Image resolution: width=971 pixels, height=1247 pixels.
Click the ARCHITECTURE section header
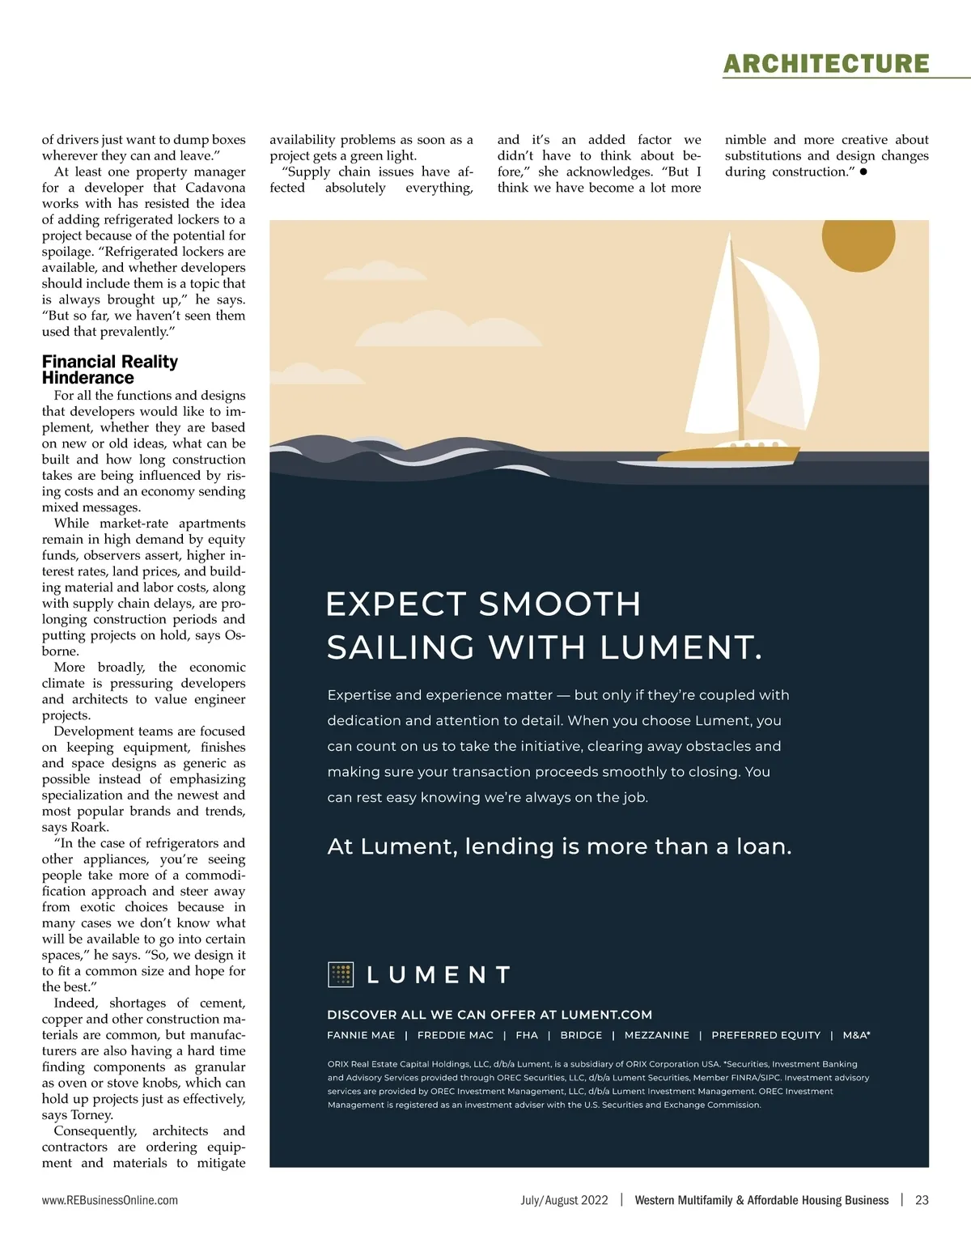[x=826, y=63]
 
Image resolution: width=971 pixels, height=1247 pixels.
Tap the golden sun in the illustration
[x=858, y=235]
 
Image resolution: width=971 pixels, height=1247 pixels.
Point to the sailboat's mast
[x=736, y=340]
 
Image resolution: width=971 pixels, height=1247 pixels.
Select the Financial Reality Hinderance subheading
[x=110, y=370]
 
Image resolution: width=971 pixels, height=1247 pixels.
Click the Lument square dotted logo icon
[x=341, y=974]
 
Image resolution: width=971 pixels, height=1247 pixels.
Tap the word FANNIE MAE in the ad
[x=361, y=1035]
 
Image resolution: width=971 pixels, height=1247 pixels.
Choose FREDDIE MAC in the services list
[x=455, y=1035]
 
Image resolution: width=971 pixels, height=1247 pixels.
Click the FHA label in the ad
[x=527, y=1035]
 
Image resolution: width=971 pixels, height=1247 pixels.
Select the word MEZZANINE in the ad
[x=657, y=1035]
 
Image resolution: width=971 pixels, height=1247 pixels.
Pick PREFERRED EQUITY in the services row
[x=765, y=1035]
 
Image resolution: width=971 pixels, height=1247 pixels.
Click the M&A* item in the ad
[x=856, y=1035]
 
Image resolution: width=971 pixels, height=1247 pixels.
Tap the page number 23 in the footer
[x=922, y=1200]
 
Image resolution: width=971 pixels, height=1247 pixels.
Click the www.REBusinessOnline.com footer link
[x=110, y=1200]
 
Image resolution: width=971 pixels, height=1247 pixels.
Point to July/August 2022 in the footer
[x=564, y=1200]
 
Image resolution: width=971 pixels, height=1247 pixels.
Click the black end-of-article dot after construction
[x=863, y=172]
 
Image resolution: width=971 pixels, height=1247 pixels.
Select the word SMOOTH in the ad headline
[x=560, y=604]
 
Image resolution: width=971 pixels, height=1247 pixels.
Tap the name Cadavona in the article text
[x=215, y=188]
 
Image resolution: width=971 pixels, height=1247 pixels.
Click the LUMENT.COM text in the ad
[x=606, y=1015]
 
